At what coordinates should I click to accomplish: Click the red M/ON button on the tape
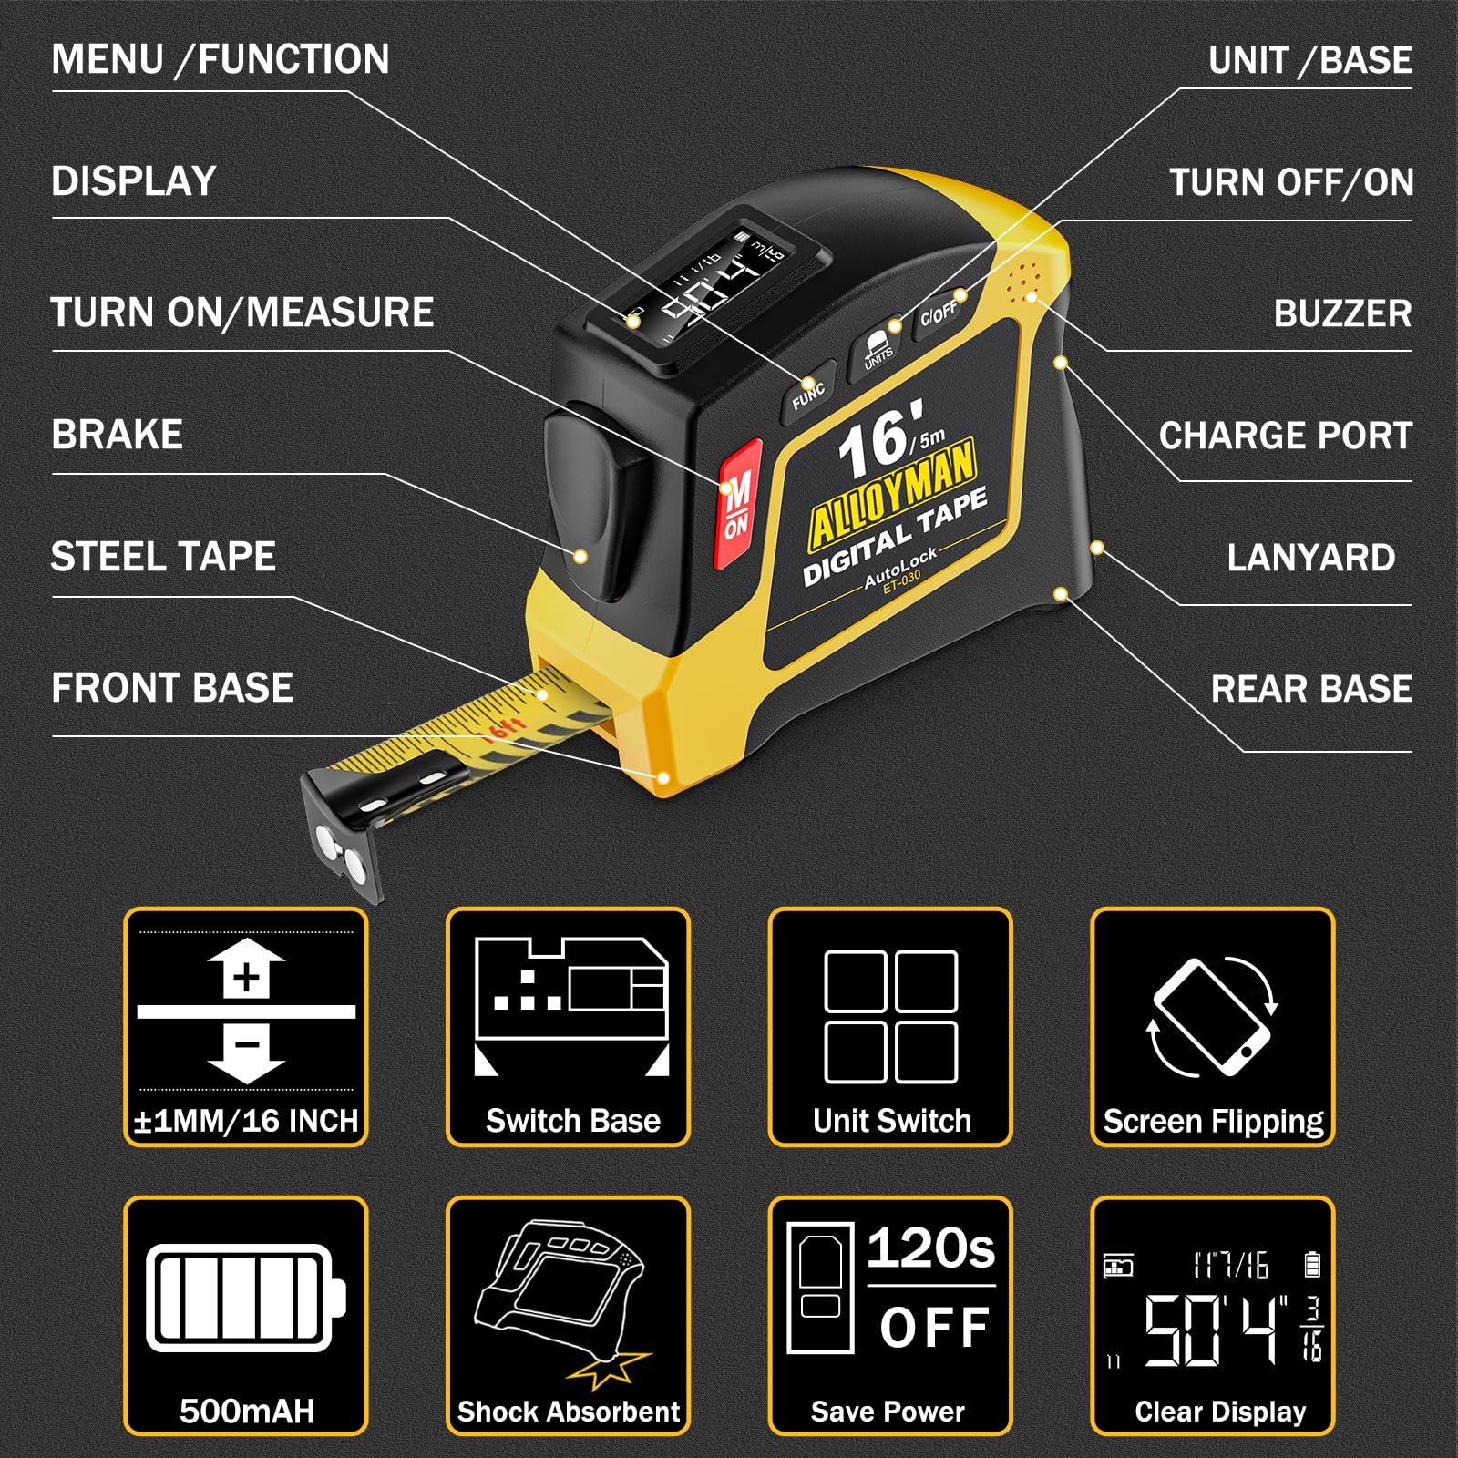738,504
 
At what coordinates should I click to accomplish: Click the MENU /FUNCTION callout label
221,60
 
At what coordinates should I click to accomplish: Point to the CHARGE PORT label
1285,436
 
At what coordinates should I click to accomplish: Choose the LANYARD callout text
1310,558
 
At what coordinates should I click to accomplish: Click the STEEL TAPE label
163,557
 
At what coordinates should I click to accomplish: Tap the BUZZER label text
1342,313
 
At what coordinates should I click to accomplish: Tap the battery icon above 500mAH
246,1297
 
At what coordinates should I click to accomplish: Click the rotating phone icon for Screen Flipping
1212,1017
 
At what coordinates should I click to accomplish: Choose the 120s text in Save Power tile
930,1248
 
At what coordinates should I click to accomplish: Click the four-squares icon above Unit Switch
890,1016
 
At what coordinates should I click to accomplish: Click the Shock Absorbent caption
569,1412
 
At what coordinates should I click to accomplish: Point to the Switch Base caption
572,1121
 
